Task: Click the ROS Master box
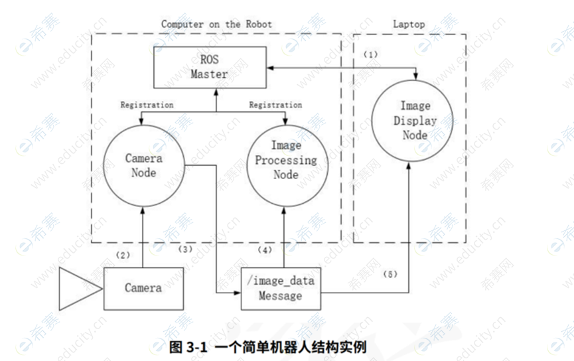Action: coord(209,68)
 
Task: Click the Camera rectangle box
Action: coord(143,288)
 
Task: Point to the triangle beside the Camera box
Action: coord(78,288)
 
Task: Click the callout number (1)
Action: coord(370,54)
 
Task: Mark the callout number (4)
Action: coord(265,251)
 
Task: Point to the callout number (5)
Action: coord(390,273)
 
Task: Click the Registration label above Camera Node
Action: coord(147,105)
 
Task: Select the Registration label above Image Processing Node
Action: coord(275,105)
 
